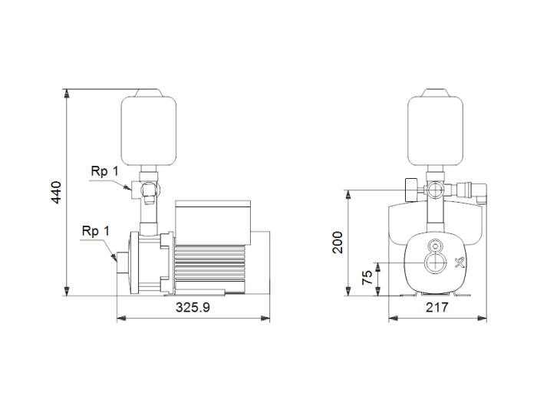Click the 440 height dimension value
(56, 192)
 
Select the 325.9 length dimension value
(193, 307)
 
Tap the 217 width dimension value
(437, 307)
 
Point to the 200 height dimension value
(338, 242)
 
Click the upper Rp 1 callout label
(105, 171)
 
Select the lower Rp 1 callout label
(96, 230)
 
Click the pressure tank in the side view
(149, 127)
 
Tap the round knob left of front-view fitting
(410, 187)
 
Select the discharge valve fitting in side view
(147, 188)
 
